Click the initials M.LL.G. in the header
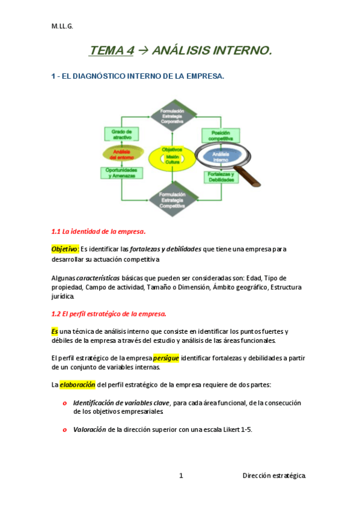(x=61, y=26)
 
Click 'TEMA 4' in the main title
(x=112, y=52)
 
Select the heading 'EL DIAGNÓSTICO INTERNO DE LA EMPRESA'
(x=142, y=76)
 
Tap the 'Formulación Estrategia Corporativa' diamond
(x=172, y=115)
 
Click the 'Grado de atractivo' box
(x=121, y=134)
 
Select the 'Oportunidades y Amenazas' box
(x=122, y=173)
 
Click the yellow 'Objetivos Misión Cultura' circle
(x=172, y=156)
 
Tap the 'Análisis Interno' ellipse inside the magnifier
(x=221, y=156)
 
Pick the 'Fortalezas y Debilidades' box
(x=221, y=177)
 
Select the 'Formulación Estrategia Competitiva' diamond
(x=172, y=199)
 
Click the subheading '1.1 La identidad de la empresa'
(x=99, y=232)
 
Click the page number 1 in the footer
(x=181, y=476)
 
